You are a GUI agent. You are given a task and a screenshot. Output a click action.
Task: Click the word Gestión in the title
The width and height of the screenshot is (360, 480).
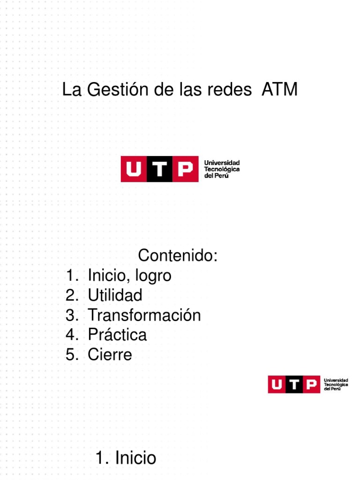[x=112, y=90]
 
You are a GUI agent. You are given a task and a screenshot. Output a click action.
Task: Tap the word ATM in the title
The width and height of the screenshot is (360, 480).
[x=279, y=90]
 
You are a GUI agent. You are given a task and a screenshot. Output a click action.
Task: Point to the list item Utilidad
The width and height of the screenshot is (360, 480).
[x=115, y=295]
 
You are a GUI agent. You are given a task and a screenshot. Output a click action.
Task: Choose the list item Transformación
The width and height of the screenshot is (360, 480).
[x=144, y=315]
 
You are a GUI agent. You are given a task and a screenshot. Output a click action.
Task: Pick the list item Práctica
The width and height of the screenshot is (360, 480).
[x=117, y=335]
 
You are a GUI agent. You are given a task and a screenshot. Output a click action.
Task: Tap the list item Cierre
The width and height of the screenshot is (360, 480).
[x=110, y=354]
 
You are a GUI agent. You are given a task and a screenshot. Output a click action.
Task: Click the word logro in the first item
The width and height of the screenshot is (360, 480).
[x=153, y=276]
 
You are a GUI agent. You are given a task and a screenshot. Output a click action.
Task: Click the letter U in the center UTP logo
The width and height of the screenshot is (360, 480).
[x=134, y=169]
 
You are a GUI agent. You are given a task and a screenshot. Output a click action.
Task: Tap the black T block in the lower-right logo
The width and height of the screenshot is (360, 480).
[x=294, y=384]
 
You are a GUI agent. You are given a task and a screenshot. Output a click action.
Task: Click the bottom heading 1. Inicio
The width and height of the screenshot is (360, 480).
[x=126, y=457]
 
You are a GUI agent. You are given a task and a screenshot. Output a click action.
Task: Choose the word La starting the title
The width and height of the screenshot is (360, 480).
[x=72, y=90]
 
